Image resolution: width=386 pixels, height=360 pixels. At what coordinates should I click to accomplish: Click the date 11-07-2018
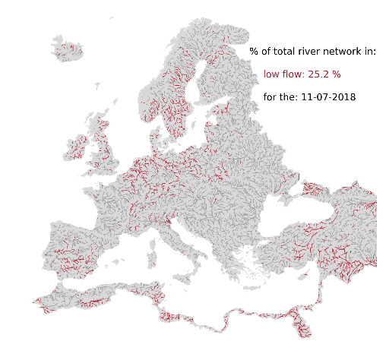(x=328, y=97)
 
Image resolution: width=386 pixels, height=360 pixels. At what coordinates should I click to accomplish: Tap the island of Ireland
(x=78, y=145)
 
